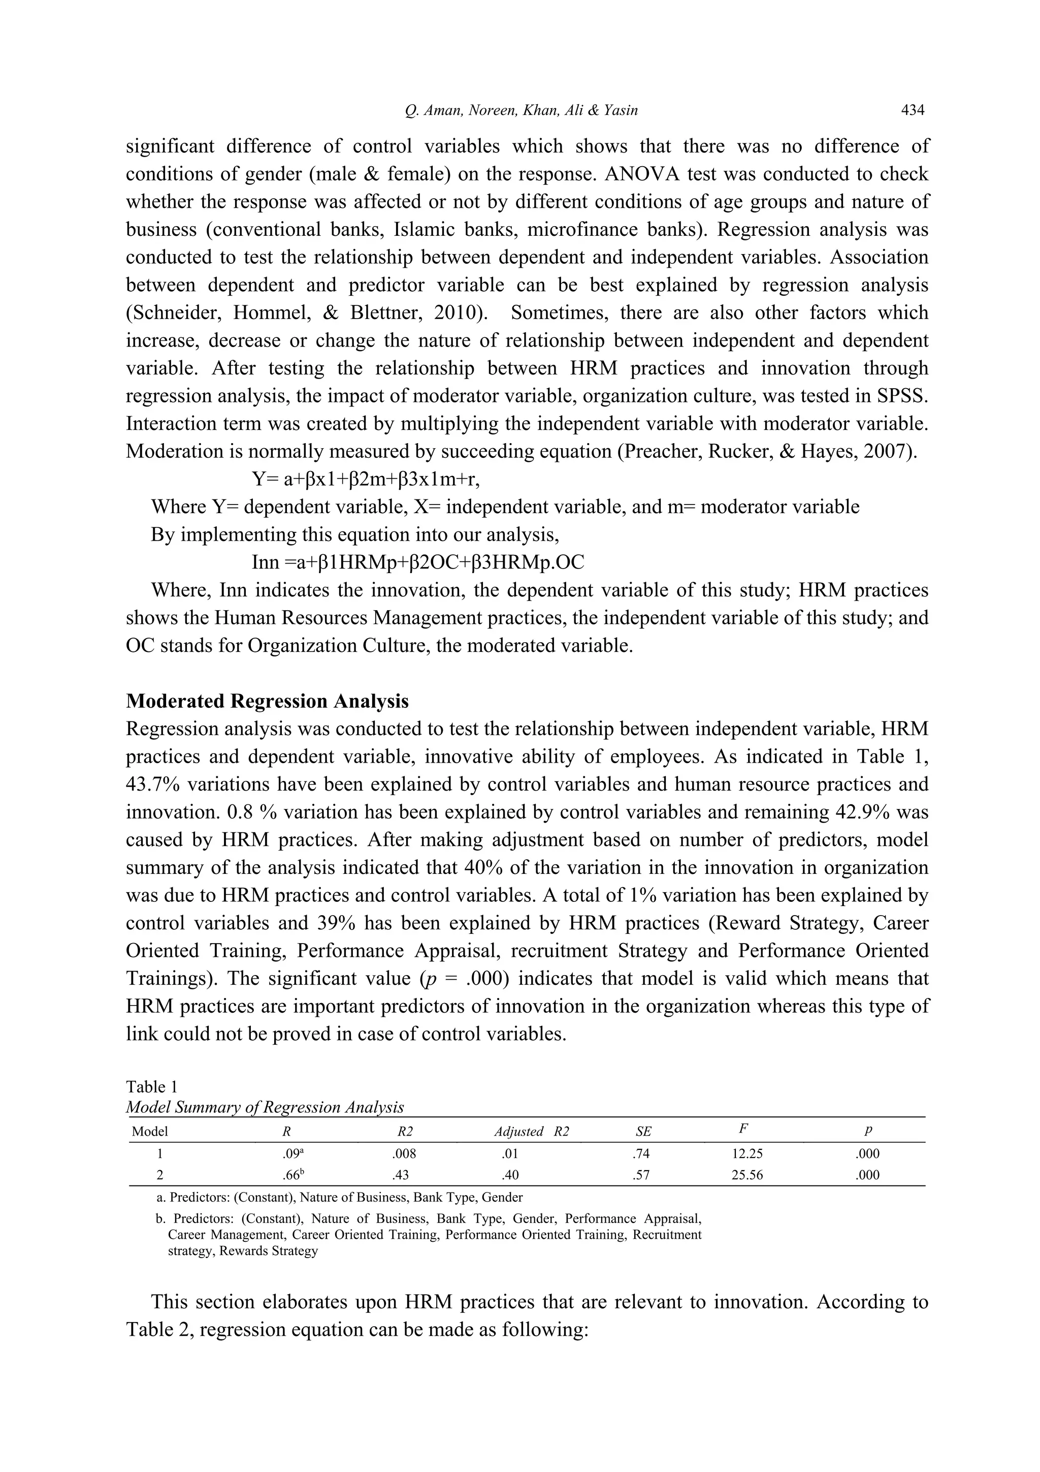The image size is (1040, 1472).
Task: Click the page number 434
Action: tap(913, 110)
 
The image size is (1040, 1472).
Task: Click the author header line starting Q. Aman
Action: tap(521, 110)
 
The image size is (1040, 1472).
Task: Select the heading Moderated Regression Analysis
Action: tap(267, 701)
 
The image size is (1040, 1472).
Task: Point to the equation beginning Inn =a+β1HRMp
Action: tap(418, 562)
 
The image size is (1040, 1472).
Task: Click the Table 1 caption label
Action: tap(151, 1086)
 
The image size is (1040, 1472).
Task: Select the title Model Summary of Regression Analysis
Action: tap(265, 1107)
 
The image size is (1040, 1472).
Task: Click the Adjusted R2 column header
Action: tap(531, 1132)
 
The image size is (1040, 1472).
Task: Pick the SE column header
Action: tap(643, 1132)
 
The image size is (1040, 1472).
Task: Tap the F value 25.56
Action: tap(747, 1175)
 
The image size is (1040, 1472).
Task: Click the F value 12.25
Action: tap(747, 1154)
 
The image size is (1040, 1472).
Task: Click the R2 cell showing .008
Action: tap(404, 1154)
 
